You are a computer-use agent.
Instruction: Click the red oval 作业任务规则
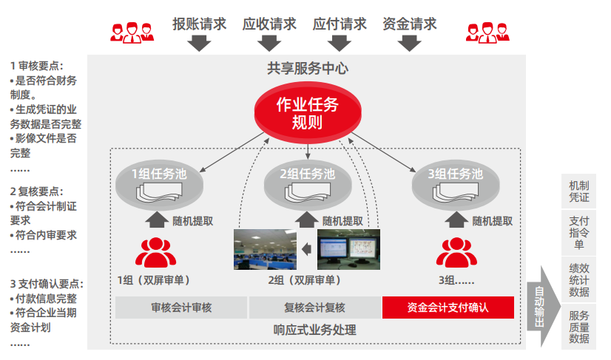tap(307, 113)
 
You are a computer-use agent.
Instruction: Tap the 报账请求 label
tap(199, 24)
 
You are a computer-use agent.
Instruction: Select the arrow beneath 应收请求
tap(269, 44)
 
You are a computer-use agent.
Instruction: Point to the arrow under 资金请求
tap(409, 44)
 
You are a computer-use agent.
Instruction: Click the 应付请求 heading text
tap(340, 24)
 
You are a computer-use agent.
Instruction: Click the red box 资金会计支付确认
tap(448, 308)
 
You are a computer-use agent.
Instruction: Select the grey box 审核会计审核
tap(181, 308)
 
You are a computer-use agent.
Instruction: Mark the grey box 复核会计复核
tap(314, 308)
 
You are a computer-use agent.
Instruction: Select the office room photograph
tap(265, 249)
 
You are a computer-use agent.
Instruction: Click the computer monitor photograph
tap(348, 248)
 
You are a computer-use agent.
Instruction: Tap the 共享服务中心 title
tap(308, 69)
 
